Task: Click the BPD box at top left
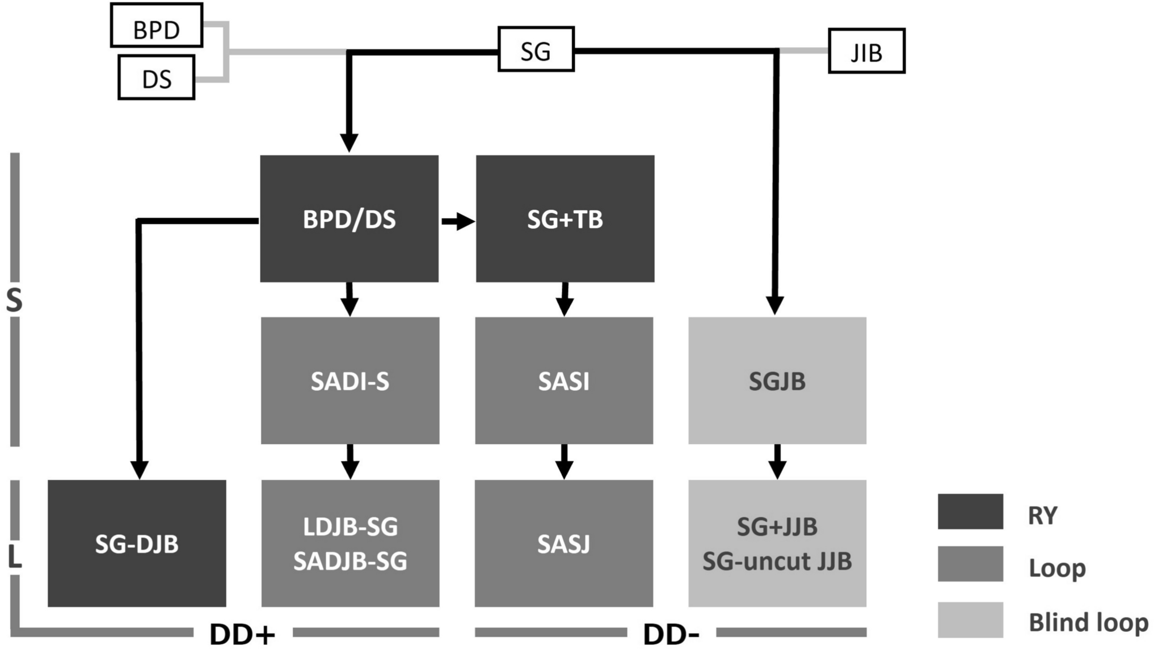157,26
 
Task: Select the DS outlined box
157,78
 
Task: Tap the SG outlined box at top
536,49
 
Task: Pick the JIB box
866,51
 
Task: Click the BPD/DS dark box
349,219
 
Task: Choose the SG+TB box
565,219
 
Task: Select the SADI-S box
350,381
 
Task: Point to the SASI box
564,381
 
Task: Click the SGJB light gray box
777,381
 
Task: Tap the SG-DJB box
137,543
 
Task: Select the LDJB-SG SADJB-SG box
350,543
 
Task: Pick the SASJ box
564,543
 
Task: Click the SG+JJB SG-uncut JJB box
777,543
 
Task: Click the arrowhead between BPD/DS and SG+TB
465,221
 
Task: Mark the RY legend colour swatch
970,512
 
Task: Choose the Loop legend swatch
970,564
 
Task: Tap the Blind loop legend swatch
970,619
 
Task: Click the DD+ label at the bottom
242,634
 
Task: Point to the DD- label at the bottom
671,634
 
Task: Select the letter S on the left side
14,301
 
